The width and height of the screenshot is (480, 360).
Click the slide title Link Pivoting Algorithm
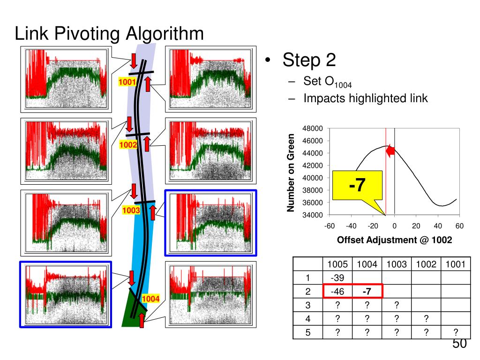[109, 34]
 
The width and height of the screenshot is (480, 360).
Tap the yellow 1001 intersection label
[127, 83]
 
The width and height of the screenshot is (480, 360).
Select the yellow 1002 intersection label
[127, 145]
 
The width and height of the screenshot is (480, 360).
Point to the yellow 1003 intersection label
[131, 210]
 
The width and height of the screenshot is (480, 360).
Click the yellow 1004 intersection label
[150, 299]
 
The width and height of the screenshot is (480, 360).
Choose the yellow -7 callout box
[357, 185]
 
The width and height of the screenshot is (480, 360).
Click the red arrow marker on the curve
[390, 150]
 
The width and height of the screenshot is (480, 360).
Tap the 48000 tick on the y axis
[313, 128]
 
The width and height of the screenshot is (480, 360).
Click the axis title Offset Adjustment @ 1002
[394, 240]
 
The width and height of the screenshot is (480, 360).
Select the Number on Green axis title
[291, 172]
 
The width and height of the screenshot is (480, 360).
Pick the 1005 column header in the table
[337, 264]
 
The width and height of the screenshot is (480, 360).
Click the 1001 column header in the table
[455, 264]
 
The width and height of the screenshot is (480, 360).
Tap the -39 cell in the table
[337, 278]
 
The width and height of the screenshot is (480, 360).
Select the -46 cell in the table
[337, 292]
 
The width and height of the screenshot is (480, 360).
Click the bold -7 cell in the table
[367, 292]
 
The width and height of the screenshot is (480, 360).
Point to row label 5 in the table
[308, 332]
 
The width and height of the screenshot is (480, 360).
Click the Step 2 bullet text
[309, 60]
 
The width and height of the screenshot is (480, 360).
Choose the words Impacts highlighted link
[365, 98]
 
